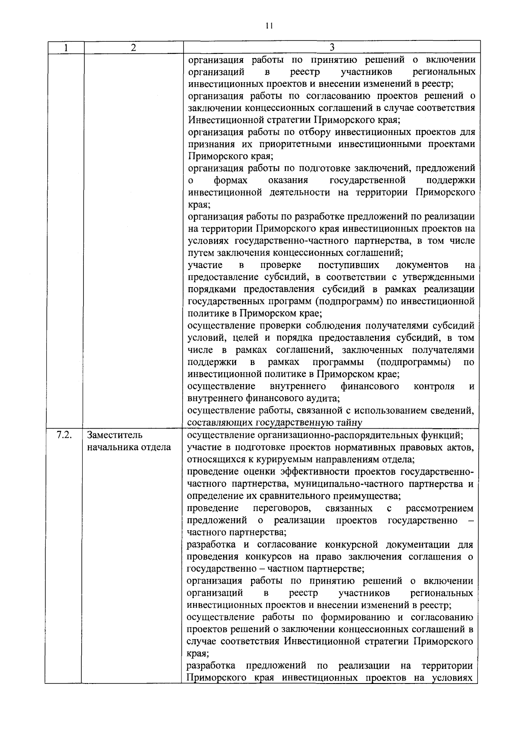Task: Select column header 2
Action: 133,47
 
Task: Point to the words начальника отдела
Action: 129,447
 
